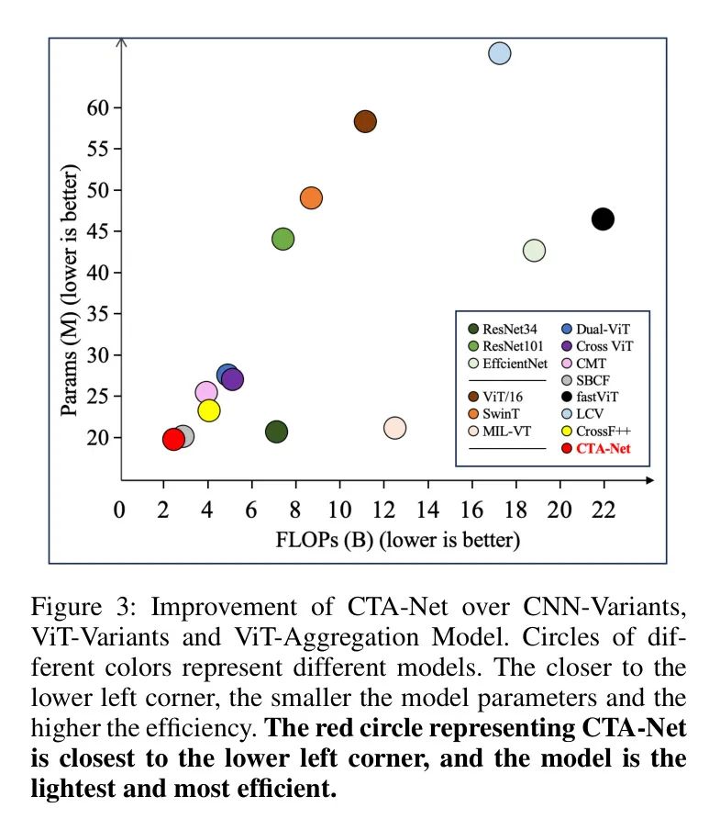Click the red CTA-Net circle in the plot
click(x=173, y=439)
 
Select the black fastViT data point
click(x=603, y=219)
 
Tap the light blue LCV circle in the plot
click(x=499, y=53)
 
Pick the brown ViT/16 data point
click(x=365, y=121)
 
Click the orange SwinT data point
click(x=311, y=198)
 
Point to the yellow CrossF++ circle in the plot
click(x=209, y=410)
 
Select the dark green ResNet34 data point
click(x=276, y=432)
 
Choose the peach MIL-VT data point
click(x=394, y=427)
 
